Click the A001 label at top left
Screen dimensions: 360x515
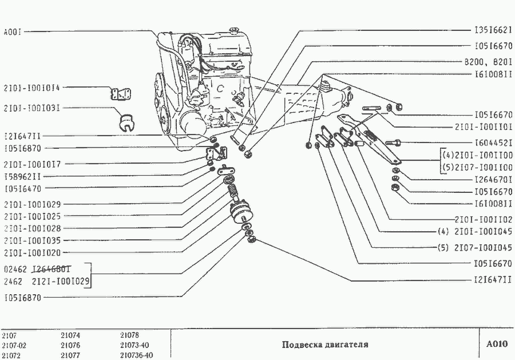[x=12, y=32]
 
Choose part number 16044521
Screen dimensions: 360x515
[x=493, y=143]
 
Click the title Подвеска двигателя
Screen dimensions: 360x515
[x=325, y=345]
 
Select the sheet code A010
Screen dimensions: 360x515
[x=497, y=344]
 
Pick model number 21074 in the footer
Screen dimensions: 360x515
[x=70, y=335]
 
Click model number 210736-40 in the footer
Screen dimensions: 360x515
[x=137, y=355]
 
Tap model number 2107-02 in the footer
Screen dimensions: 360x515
[x=14, y=345]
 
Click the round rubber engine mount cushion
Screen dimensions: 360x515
[x=240, y=214]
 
